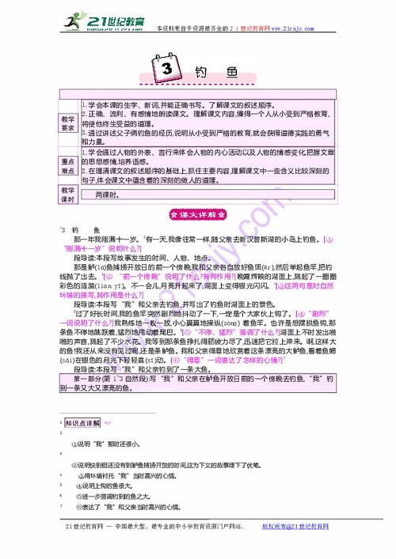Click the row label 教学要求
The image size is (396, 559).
[68, 123]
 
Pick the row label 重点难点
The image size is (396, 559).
[68, 164]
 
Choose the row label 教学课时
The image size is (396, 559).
[68, 195]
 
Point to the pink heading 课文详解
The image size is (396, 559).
[198, 213]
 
